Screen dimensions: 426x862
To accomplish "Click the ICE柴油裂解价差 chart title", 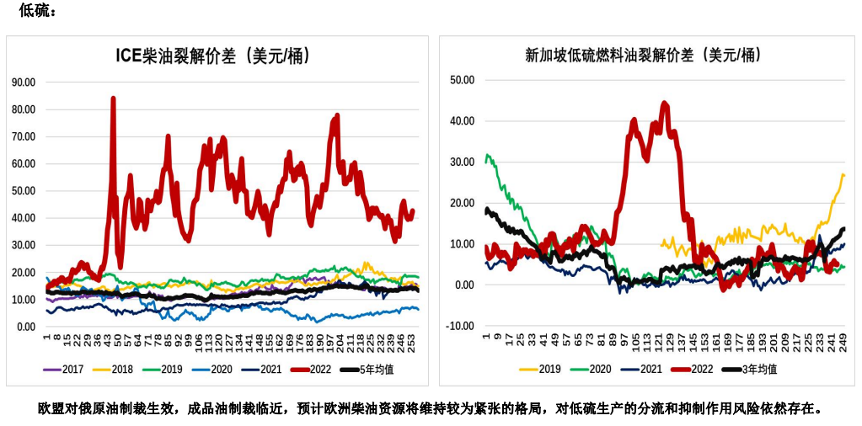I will point(212,56).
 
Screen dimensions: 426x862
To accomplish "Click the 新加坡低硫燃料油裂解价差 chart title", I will point(643,56).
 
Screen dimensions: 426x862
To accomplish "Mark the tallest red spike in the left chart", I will point(113,99).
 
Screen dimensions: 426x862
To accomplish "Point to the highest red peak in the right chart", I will point(665,103).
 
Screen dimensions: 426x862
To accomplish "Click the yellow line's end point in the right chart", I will point(843,175).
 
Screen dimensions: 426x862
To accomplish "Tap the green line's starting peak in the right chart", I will point(487,156).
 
